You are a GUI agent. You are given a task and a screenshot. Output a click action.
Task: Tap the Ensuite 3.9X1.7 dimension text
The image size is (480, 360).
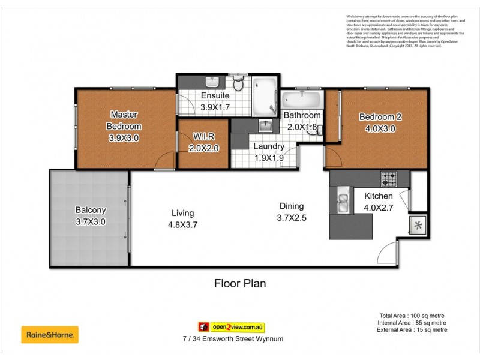tap(214, 107)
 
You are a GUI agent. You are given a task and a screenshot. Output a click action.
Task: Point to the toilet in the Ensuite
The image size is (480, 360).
tap(238, 85)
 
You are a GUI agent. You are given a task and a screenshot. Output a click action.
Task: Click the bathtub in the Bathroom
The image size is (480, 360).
tap(301, 98)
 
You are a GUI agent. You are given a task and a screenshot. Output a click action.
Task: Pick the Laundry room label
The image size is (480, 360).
tap(268, 146)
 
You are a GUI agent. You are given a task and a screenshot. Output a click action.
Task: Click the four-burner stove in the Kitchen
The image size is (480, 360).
tap(389, 178)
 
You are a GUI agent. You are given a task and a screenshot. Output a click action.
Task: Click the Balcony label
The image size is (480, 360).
tap(91, 210)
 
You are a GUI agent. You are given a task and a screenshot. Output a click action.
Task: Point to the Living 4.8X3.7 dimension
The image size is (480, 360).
tap(183, 224)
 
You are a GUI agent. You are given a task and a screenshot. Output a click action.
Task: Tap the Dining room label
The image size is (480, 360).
tap(292, 206)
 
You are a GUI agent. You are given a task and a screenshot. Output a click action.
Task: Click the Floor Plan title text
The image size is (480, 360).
tap(240, 283)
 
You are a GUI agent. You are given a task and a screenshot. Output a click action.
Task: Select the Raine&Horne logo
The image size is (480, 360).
tap(50, 334)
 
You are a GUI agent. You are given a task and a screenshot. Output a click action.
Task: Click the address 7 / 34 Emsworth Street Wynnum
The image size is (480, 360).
tap(233, 339)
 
